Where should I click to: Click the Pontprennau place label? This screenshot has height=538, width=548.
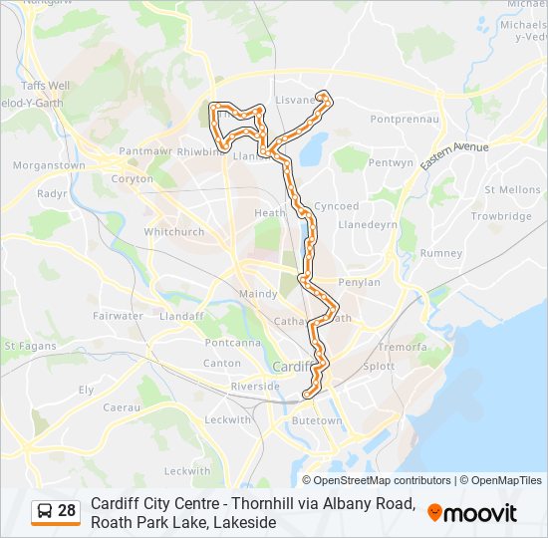[404, 119]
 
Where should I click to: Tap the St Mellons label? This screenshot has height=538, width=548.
[512, 189]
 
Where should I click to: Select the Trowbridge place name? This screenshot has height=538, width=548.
[501, 216]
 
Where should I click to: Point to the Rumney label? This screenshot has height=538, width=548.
[441, 253]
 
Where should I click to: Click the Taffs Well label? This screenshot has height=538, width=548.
[45, 87]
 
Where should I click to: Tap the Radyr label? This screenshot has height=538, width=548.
[50, 194]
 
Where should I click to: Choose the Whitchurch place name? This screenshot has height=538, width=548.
[174, 232]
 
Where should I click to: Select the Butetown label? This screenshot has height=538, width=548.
[316, 421]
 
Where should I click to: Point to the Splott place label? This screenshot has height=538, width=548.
[379, 367]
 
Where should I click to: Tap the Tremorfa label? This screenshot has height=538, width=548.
[402, 348]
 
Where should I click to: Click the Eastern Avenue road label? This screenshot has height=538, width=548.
[454, 158]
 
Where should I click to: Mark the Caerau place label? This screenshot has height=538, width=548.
[122, 407]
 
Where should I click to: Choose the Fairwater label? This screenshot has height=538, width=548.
[118, 316]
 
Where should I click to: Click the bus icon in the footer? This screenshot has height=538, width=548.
[45, 511]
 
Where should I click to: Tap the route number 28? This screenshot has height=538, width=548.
[67, 511]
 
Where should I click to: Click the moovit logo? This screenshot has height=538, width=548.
[472, 512]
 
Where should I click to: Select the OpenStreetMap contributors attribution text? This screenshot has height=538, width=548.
[369, 480]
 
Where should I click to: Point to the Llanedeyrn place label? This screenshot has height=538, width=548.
[368, 224]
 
